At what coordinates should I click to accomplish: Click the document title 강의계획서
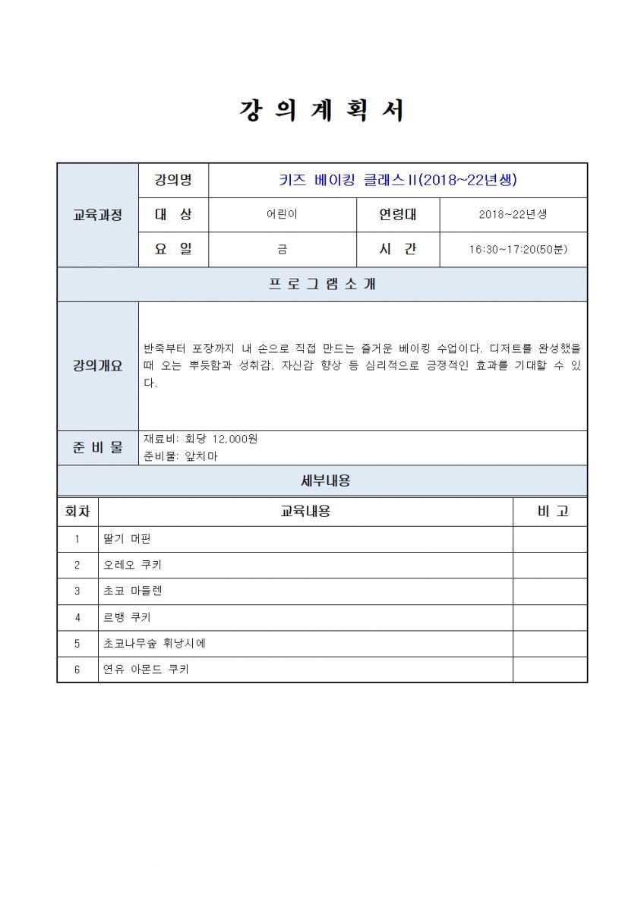322,111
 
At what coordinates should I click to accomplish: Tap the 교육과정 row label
97,215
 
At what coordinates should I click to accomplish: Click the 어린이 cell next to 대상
282,215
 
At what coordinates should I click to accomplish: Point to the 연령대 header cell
398,215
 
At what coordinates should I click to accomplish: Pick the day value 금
282,250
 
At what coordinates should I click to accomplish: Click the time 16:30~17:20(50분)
513,250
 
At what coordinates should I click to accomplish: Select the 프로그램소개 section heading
322,285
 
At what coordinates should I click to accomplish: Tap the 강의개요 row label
97,366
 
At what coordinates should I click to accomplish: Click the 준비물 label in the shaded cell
97,448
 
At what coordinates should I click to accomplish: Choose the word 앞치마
201,457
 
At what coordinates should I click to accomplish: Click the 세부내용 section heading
322,481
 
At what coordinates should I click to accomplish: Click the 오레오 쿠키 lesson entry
132,565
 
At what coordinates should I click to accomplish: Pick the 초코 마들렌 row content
132,591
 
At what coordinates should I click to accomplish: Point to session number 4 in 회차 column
77,617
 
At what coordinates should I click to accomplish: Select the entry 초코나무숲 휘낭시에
154,643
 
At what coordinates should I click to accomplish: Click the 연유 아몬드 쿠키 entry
146,670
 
